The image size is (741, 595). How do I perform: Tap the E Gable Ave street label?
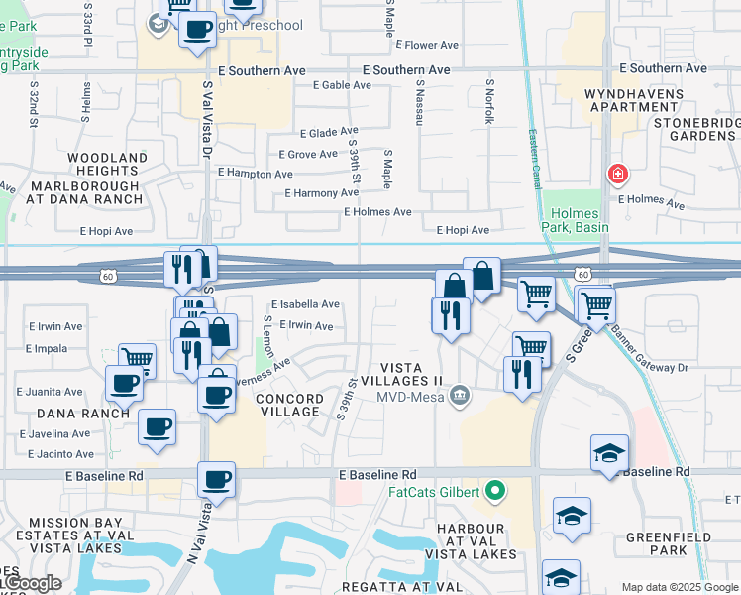point(342,85)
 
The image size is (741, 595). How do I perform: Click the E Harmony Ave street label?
point(321,193)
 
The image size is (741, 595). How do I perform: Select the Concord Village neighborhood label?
point(289,405)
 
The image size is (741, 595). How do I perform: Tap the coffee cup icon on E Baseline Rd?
point(216,480)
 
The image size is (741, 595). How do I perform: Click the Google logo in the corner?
point(32,583)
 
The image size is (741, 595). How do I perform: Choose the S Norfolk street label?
point(488,102)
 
